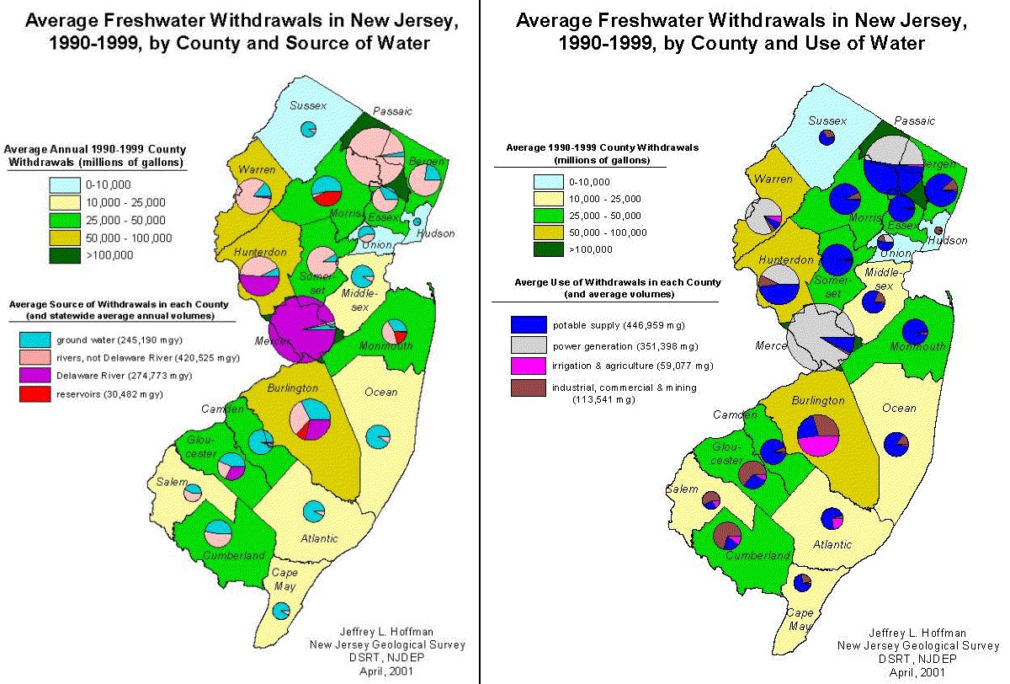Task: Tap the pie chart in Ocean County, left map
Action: pyautogui.click(x=380, y=436)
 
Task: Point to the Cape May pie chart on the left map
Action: pyautogui.click(x=282, y=611)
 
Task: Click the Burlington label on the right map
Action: pyautogui.click(x=817, y=400)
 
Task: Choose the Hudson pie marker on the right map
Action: pyautogui.click(x=938, y=230)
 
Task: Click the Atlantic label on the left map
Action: pyautogui.click(x=319, y=538)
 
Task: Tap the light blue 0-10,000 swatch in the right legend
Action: pyautogui.click(x=548, y=181)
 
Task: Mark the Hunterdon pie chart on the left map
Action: pyautogui.click(x=259, y=274)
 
